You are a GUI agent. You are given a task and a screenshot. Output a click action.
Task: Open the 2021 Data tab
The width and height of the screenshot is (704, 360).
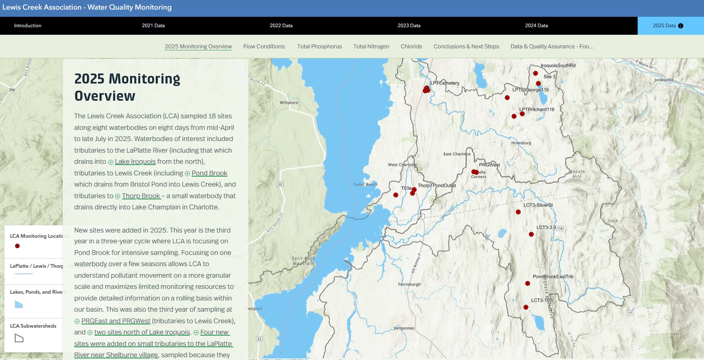click(153, 26)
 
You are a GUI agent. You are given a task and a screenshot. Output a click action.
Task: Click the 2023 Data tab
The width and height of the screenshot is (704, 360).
click(409, 26)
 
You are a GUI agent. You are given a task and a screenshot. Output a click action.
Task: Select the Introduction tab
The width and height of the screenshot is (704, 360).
click(28, 26)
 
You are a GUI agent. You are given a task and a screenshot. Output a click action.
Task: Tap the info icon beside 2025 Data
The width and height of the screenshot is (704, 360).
click(681, 26)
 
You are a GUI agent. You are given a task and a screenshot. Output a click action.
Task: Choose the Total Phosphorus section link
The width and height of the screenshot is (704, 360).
click(319, 46)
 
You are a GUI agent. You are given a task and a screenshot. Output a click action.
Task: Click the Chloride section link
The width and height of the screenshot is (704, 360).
click(411, 46)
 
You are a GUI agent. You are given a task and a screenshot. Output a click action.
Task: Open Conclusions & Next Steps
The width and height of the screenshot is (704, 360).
click(466, 46)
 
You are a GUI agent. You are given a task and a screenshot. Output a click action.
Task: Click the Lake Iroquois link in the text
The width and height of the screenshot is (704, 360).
click(135, 162)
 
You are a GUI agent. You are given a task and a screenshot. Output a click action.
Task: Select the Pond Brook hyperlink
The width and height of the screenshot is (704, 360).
click(209, 173)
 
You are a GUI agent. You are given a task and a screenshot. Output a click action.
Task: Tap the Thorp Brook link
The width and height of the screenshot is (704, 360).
click(141, 196)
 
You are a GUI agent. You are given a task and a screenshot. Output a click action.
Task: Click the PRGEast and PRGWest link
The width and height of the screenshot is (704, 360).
click(116, 321)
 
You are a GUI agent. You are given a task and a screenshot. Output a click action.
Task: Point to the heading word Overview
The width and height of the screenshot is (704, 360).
click(105, 96)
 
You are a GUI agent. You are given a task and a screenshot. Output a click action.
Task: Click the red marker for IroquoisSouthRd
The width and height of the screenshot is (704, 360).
click(535, 73)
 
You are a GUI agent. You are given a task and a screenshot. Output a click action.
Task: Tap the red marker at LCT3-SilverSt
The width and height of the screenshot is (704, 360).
click(518, 212)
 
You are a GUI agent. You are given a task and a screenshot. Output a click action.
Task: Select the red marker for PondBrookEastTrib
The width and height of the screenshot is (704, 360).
click(527, 283)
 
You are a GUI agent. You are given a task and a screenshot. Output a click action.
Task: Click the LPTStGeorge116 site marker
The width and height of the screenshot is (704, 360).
click(507, 97)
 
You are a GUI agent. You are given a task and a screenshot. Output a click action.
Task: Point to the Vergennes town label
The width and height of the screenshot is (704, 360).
click(404, 328)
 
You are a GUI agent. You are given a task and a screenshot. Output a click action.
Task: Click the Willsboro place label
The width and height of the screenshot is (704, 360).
click(289, 103)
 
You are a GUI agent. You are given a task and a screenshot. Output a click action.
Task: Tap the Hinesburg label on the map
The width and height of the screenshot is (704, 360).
click(521, 143)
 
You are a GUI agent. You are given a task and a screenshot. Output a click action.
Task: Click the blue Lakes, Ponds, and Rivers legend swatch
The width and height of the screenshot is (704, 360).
click(19, 304)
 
